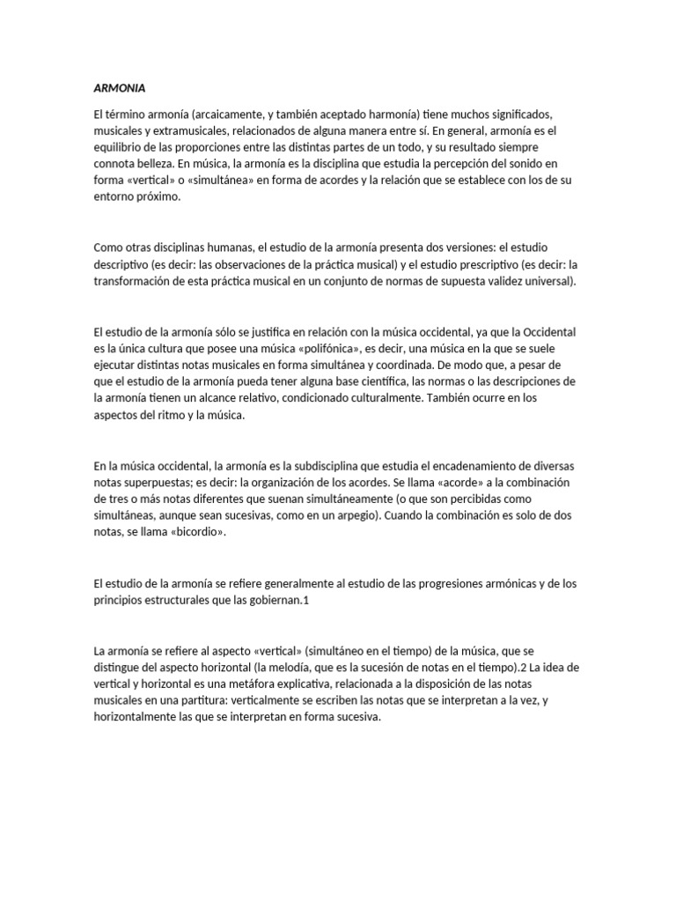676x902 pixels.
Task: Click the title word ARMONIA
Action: tap(120, 89)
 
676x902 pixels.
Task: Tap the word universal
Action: tap(547, 281)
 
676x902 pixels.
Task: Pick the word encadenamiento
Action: tap(482, 465)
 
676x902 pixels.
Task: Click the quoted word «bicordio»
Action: tap(183, 532)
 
